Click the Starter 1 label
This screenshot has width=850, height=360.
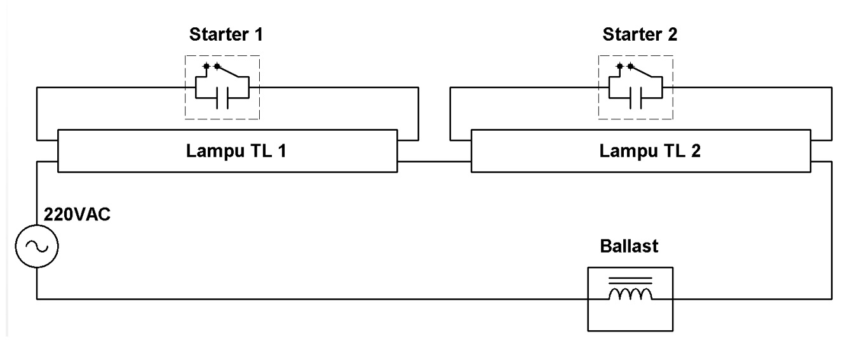[x=226, y=35]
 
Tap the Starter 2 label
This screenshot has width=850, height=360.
[x=640, y=35]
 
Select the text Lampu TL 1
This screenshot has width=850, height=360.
[x=226, y=152]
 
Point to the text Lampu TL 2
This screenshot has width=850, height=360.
[x=640, y=152]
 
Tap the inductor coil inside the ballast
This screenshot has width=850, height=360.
[x=630, y=293]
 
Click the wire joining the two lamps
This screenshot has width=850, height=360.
[x=435, y=161]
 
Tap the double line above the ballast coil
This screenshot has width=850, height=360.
[x=630, y=279]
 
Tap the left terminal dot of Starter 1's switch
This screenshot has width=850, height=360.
[x=206, y=66]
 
